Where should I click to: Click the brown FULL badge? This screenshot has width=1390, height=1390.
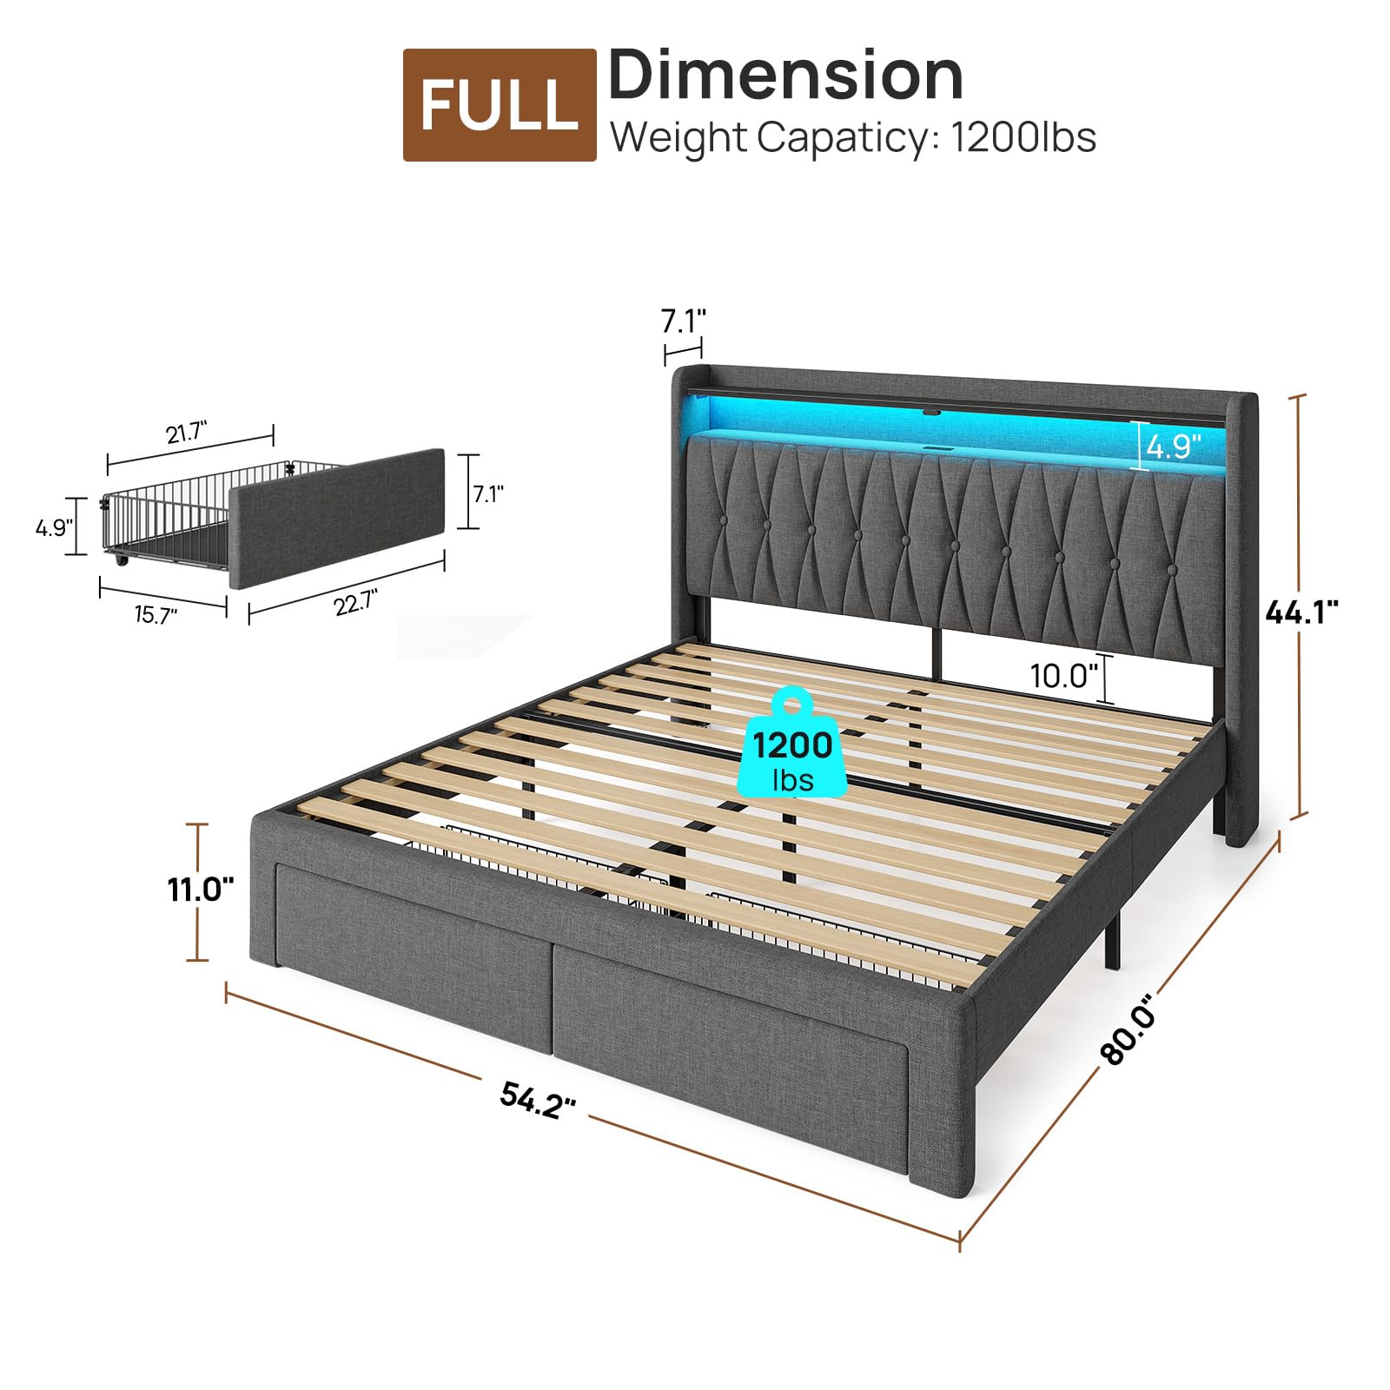tap(500, 105)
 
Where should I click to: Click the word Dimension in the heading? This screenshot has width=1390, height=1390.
tap(785, 76)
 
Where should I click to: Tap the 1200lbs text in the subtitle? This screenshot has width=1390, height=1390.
tap(1023, 137)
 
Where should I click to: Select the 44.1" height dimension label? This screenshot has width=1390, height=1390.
tap(1301, 612)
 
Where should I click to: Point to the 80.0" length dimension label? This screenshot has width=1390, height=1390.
tap(1130, 1029)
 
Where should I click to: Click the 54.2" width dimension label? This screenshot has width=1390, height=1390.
tap(539, 1100)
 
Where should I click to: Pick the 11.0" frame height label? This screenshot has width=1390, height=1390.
tap(201, 890)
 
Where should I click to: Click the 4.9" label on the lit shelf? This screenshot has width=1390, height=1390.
tap(1174, 447)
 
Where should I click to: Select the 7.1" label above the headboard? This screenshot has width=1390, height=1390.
tap(684, 321)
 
